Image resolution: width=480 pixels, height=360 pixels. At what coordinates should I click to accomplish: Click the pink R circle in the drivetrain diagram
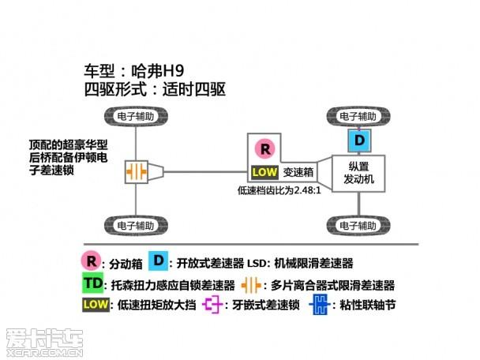click(265, 148)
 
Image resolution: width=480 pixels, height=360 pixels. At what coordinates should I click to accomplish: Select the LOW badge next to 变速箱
click(264, 171)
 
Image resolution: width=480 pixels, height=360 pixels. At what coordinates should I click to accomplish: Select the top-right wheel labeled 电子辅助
click(360, 115)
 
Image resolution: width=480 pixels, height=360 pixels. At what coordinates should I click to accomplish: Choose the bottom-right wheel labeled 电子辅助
click(360, 224)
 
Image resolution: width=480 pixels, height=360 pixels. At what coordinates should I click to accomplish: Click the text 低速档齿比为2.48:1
click(278, 190)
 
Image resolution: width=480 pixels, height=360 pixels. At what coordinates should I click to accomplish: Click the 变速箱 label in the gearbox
click(298, 171)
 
